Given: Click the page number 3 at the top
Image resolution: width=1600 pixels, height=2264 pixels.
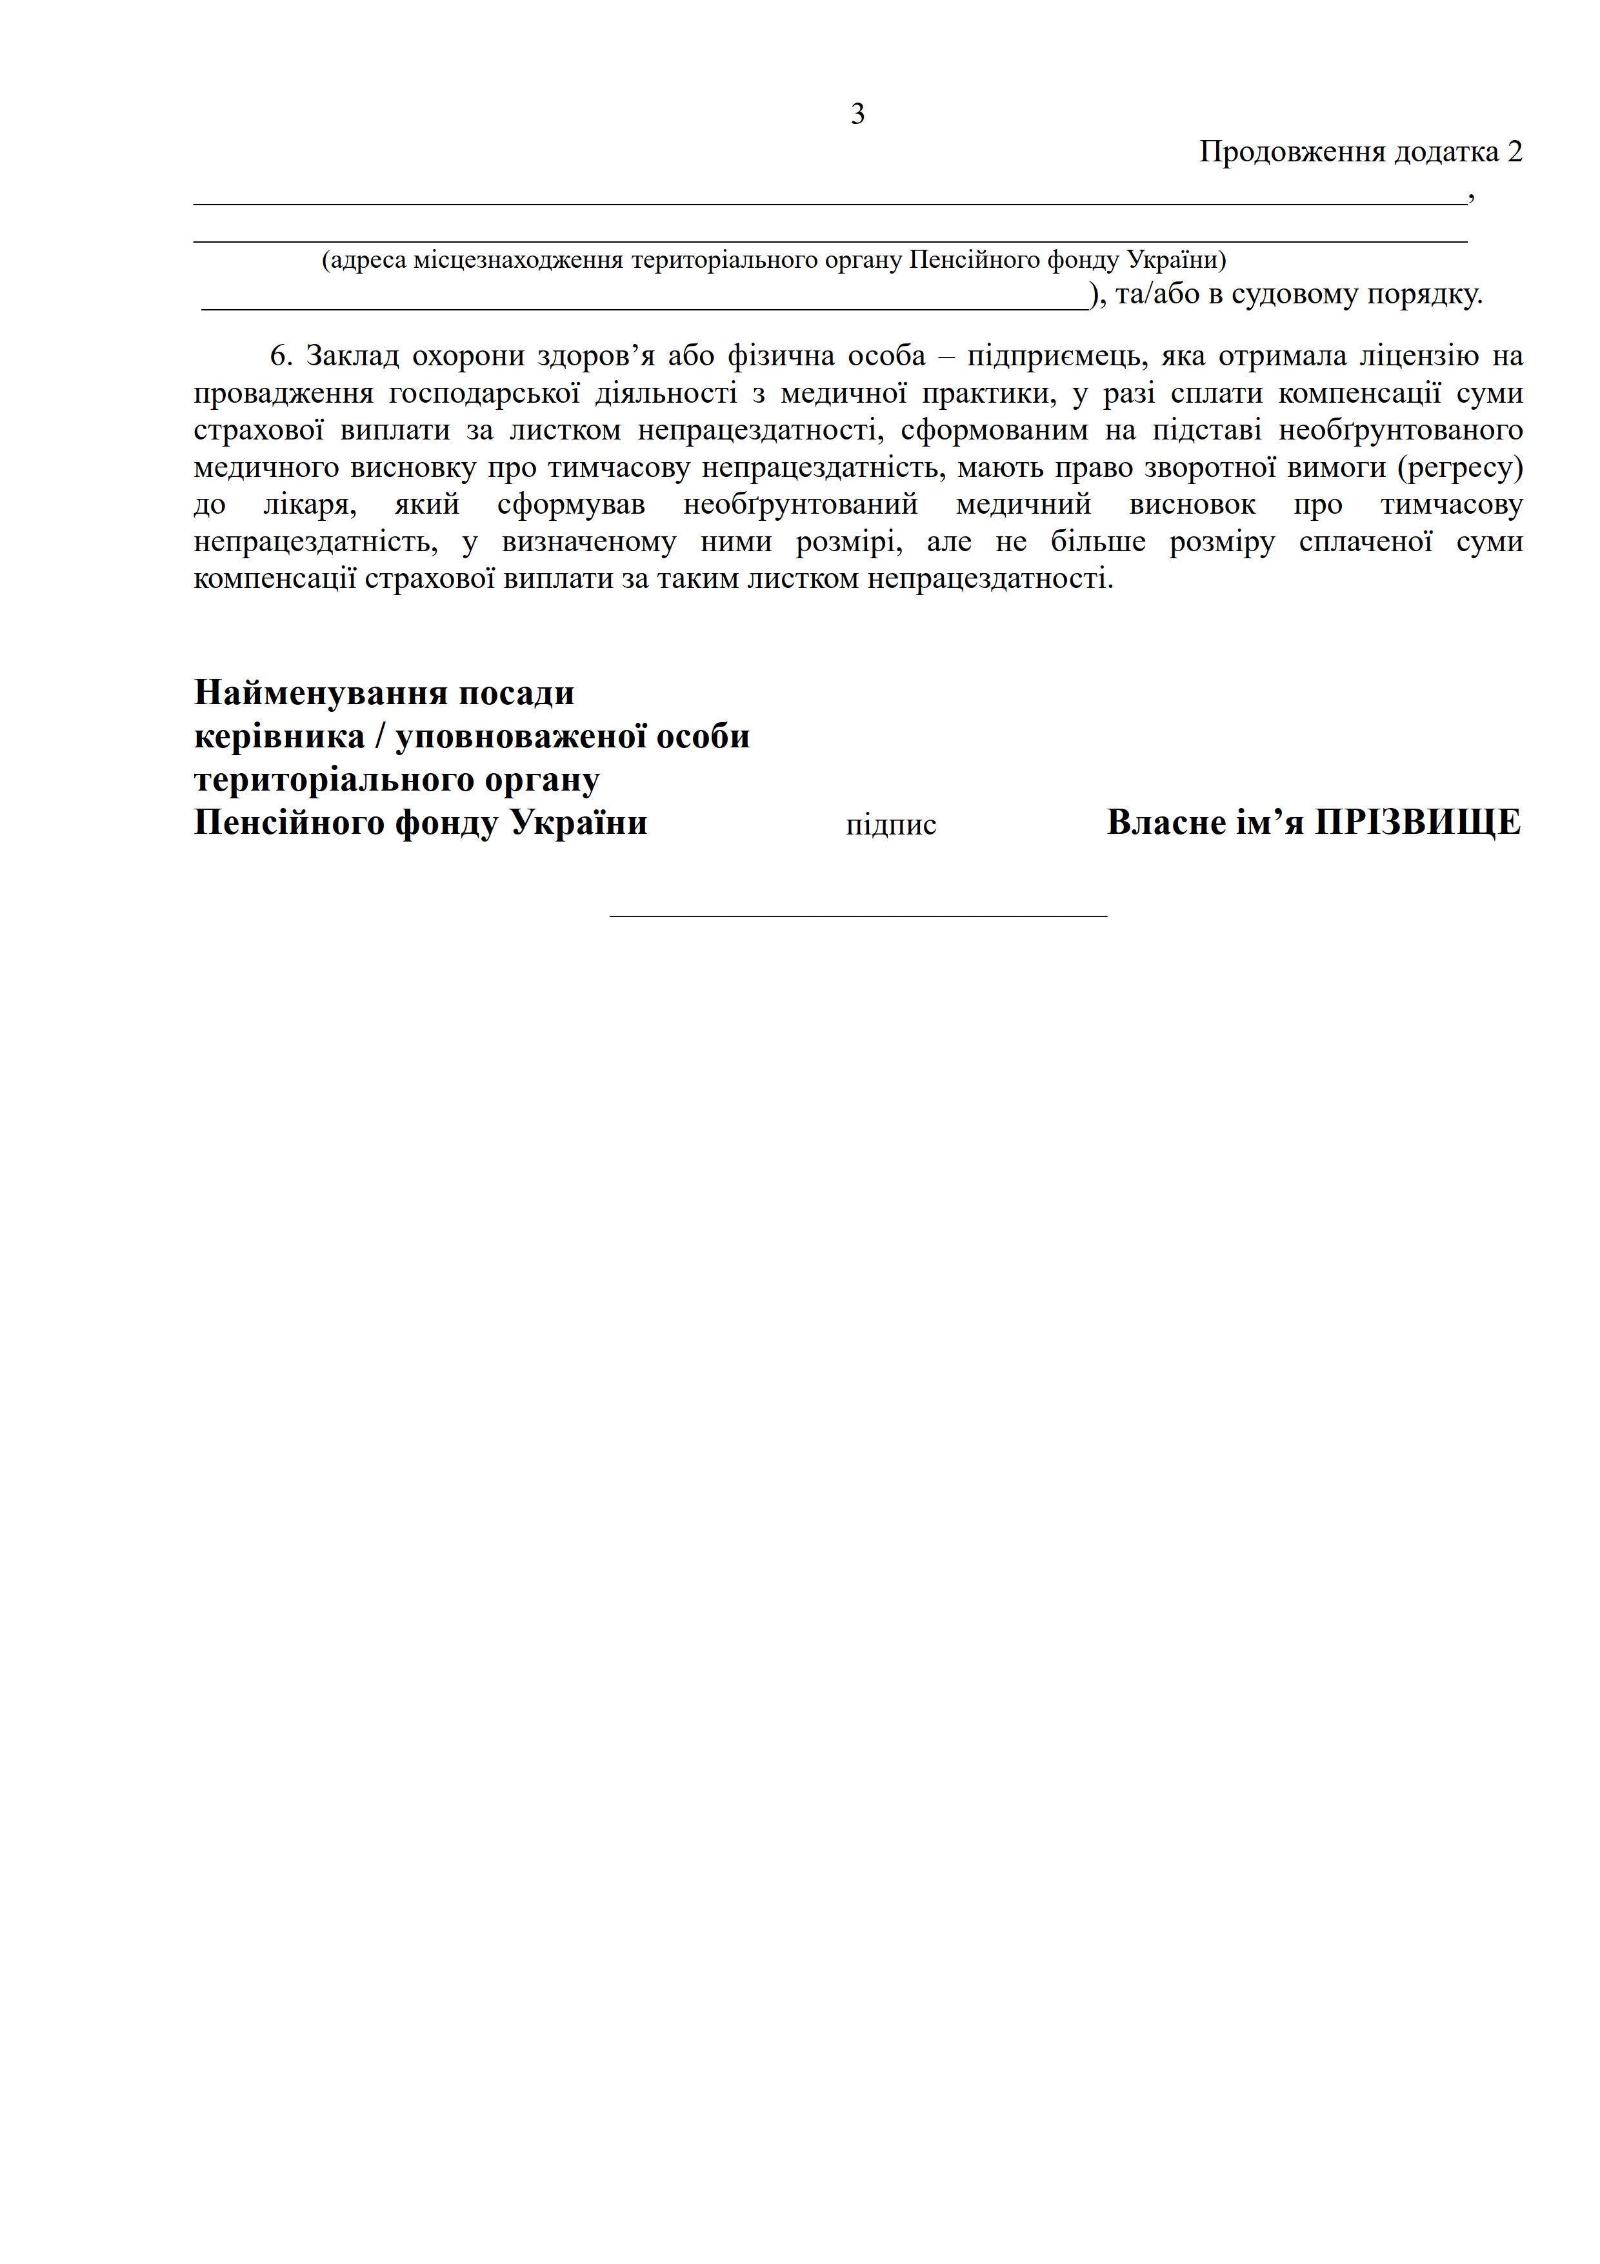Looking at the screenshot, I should (x=857, y=114).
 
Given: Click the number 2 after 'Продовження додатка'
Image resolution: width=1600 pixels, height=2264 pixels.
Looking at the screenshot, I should (x=1514, y=152).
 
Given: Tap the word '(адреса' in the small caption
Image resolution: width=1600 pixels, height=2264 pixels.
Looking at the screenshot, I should (x=364, y=260).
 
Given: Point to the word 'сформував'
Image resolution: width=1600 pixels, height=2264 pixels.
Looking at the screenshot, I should (x=571, y=505).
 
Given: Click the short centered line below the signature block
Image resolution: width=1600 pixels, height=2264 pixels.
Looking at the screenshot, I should (x=857, y=916).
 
